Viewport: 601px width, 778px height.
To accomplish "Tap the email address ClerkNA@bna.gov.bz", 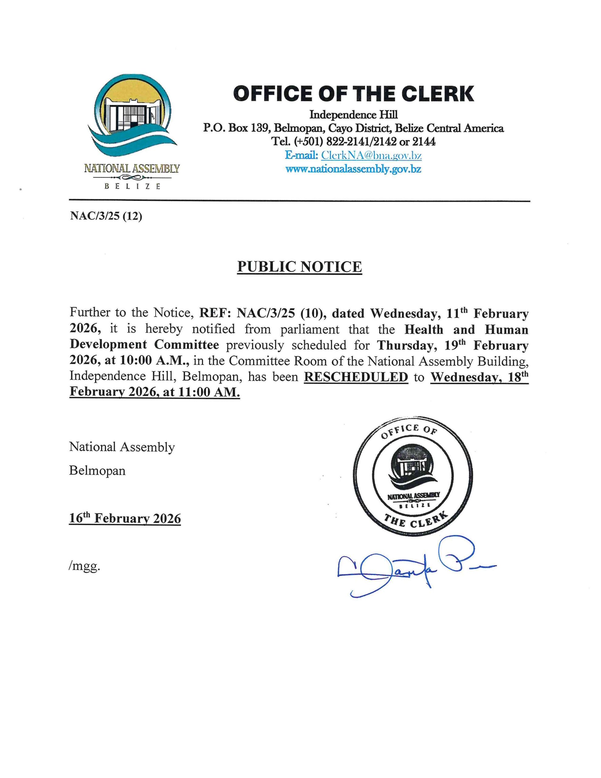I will click(371, 156).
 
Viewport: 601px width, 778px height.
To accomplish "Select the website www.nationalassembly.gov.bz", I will click(353, 169).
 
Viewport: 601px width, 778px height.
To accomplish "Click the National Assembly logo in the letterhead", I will click(132, 121).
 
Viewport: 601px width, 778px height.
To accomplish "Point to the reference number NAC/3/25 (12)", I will click(106, 216).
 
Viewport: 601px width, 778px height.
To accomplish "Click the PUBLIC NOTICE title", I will click(299, 267).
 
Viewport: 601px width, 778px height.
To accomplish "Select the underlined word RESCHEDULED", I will click(356, 377).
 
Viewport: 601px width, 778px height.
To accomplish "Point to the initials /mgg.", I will click(84, 567).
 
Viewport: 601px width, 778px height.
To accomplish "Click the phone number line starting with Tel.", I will click(353, 142).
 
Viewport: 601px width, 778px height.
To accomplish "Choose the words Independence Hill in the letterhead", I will click(353, 115).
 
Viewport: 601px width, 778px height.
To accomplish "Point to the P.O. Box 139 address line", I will click(353, 128).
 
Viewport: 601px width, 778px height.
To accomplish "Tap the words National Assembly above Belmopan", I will click(122, 447).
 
